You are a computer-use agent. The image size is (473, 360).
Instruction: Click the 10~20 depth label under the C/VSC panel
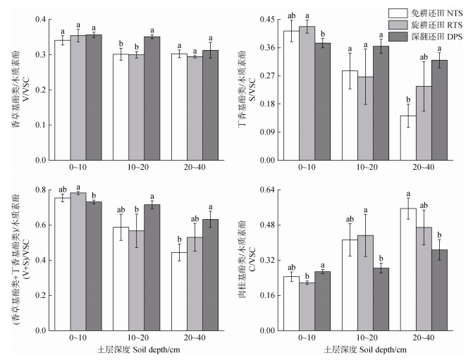364,339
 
